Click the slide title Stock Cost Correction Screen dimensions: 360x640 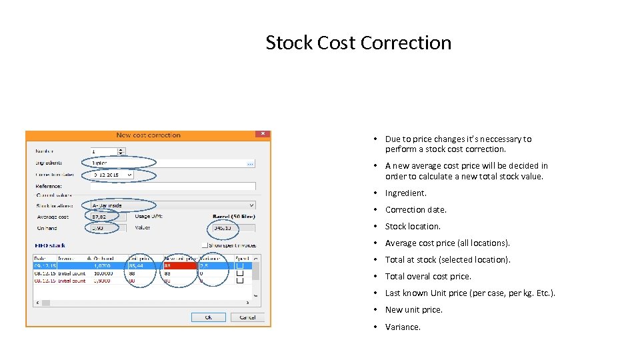[358, 43]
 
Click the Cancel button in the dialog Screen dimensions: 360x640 [247, 317]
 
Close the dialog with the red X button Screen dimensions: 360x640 [263, 134]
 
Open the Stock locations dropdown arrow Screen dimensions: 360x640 [251, 205]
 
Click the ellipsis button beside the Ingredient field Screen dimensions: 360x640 [250, 163]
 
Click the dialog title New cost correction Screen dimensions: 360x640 [148, 135]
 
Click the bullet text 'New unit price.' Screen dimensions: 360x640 [413, 309]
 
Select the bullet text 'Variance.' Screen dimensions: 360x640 [403, 327]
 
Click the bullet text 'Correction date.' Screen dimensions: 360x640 [415, 209]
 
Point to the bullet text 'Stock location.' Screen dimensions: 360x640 [413, 226]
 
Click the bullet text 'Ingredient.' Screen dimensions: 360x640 [405, 193]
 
